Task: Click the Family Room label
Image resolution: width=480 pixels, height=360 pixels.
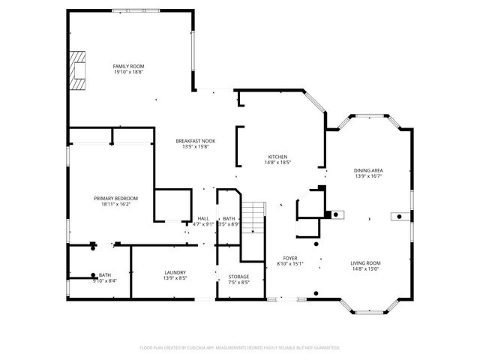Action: coord(128,66)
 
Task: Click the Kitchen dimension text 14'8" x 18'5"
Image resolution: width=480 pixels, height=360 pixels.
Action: coord(278,162)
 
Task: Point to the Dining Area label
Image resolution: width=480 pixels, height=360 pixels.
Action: coord(368,170)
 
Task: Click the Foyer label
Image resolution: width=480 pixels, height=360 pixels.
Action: coord(289,257)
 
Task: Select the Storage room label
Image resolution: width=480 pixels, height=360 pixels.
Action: coord(238,277)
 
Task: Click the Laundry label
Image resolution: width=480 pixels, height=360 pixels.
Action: coord(175,272)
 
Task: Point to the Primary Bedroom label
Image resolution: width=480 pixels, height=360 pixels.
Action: coord(115,198)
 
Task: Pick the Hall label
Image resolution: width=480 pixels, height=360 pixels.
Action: coord(203,218)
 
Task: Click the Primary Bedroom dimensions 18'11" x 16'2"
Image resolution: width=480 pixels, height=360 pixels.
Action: coord(115,204)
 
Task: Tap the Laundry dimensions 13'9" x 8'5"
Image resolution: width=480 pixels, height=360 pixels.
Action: coord(175,278)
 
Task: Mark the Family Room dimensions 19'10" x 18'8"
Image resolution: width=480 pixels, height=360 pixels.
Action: coord(128,72)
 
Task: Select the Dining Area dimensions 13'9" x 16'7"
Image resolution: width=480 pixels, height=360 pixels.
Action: coord(368,176)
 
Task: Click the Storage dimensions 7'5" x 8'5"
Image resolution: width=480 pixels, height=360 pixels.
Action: coord(238,283)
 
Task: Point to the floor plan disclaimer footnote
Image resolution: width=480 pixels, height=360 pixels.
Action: coord(240,348)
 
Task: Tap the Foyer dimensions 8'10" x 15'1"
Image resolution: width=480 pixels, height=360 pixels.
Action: coord(289,263)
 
